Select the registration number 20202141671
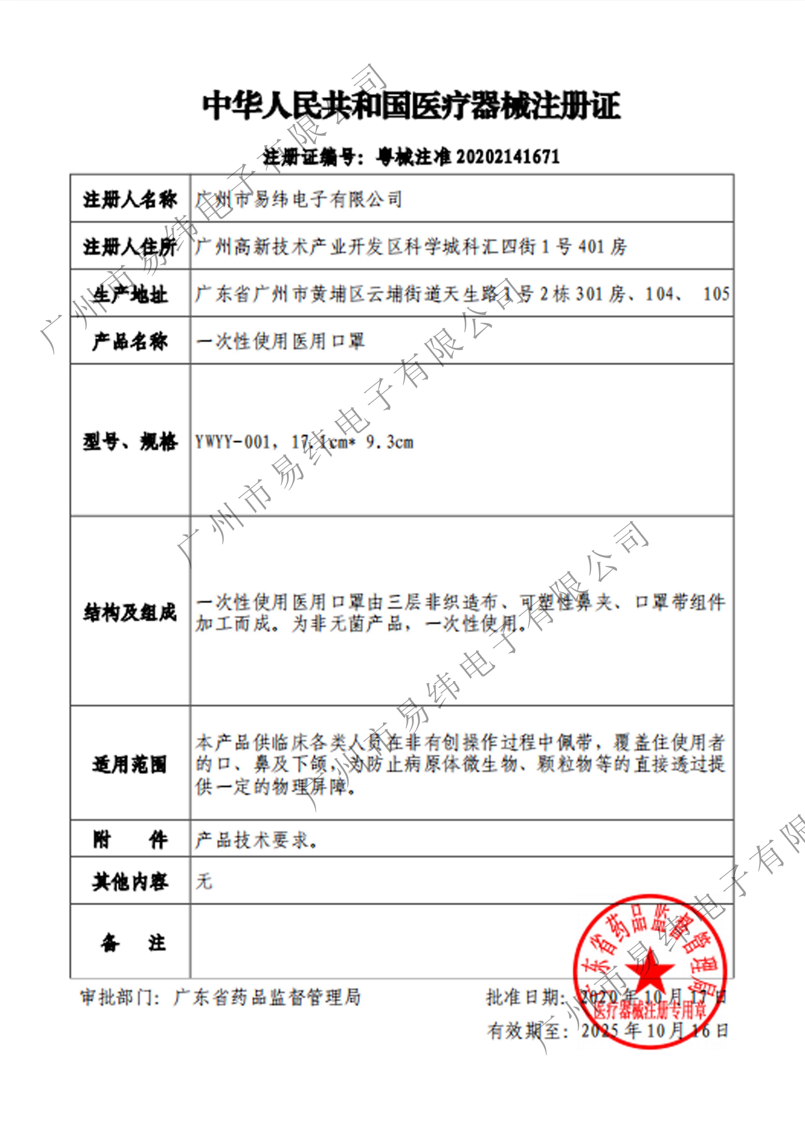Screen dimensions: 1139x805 click(x=507, y=157)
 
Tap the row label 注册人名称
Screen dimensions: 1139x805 click(x=130, y=199)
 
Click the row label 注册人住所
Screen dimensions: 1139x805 click(x=130, y=246)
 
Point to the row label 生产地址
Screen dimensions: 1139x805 click(x=130, y=294)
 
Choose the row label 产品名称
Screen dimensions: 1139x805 click(x=130, y=341)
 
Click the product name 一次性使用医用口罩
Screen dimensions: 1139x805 click(x=280, y=341)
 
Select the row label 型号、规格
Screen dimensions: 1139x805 click(x=130, y=441)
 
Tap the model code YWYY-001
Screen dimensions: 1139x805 click(x=232, y=442)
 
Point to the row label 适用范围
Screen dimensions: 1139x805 click(x=130, y=764)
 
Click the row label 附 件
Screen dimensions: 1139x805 click(x=130, y=840)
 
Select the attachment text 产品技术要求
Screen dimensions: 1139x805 click(x=255, y=840)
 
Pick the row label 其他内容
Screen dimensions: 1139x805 click(x=130, y=882)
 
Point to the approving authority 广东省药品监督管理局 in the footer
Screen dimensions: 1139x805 click(x=267, y=997)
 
